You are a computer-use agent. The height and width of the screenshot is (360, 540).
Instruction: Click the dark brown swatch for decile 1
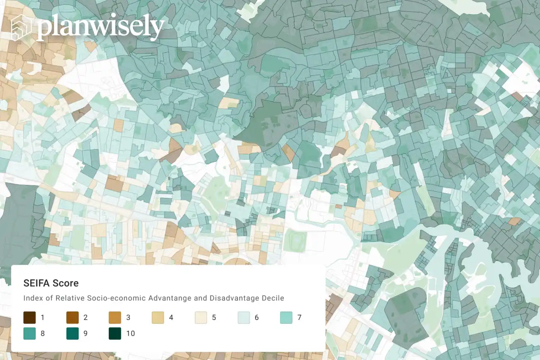pyautogui.click(x=29, y=317)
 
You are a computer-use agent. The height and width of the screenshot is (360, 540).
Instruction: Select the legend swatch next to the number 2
pyautogui.click(x=72, y=317)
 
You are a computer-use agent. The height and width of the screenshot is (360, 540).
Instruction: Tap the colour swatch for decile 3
pyautogui.click(x=115, y=317)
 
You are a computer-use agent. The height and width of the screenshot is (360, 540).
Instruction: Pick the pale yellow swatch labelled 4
pyautogui.click(x=158, y=317)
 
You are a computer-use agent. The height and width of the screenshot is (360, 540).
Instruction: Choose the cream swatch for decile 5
pyautogui.click(x=201, y=317)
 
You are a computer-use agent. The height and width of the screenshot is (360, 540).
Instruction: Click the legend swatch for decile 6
pyautogui.click(x=244, y=317)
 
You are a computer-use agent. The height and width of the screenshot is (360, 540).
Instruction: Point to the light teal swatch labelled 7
pyautogui.click(x=286, y=317)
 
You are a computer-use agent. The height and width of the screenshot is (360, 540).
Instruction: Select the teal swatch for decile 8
pyautogui.click(x=29, y=333)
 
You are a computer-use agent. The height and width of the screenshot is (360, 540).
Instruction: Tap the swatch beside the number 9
pyautogui.click(x=72, y=333)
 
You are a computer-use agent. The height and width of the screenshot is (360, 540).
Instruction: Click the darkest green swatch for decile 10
pyautogui.click(x=115, y=333)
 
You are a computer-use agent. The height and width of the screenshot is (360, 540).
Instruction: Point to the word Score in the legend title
pyautogui.click(x=65, y=283)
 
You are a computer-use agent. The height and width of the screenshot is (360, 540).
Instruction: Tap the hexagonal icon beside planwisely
pyautogui.click(x=21, y=27)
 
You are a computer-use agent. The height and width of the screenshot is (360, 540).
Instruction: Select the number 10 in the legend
pyautogui.click(x=130, y=334)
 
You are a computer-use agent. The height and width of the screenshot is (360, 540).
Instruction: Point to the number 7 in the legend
pyautogui.click(x=299, y=318)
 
